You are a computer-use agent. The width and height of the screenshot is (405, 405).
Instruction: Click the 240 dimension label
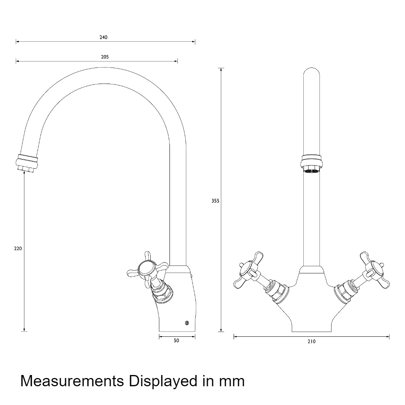point(103,37)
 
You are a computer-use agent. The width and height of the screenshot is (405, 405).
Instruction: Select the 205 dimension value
point(105,57)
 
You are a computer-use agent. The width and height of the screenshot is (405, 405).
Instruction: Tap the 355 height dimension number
point(215,201)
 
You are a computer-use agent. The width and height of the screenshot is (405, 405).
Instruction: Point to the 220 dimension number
point(18,249)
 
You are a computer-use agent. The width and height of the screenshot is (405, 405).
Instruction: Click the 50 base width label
point(176,340)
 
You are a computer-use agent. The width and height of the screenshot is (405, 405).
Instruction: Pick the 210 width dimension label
point(312,342)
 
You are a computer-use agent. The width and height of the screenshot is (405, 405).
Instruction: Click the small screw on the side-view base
point(187,322)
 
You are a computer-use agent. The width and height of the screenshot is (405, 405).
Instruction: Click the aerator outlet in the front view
point(312,171)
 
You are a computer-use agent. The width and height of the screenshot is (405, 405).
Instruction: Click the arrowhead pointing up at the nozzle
point(24,173)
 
